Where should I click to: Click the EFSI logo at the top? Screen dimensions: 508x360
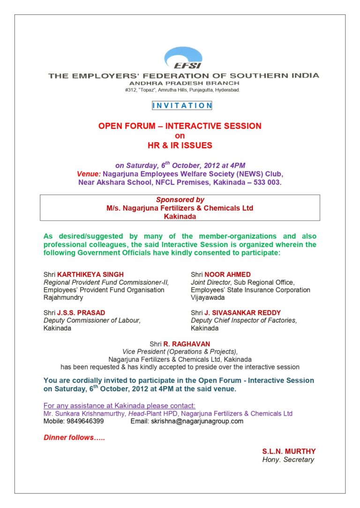click(x=183, y=59)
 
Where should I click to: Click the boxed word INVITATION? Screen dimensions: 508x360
click(x=182, y=106)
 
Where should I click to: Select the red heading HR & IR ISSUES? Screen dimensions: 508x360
click(x=180, y=146)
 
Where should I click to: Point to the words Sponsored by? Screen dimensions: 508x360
click(x=180, y=199)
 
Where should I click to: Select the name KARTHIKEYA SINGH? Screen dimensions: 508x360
click(x=90, y=274)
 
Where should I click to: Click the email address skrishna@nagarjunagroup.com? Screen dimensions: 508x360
click(x=197, y=421)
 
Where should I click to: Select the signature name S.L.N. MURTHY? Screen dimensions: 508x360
click(x=289, y=451)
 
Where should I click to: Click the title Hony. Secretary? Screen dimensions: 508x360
click(x=288, y=460)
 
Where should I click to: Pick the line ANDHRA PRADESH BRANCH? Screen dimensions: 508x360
click(x=183, y=83)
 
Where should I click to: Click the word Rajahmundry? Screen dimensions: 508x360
click(x=63, y=297)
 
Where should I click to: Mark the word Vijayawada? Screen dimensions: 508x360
click(x=208, y=297)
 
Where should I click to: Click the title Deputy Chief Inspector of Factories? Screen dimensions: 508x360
click(x=244, y=320)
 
